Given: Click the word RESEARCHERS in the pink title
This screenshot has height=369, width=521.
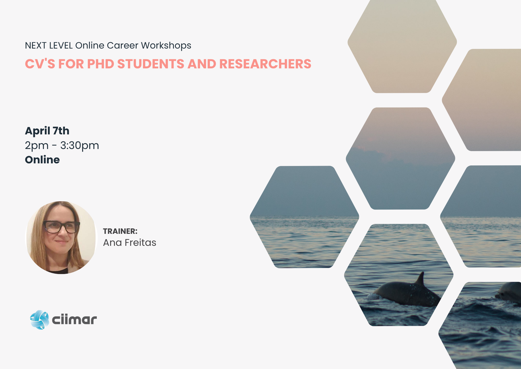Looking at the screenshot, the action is pos(265,64).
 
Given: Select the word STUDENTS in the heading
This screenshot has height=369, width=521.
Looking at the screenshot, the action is pos(151,64).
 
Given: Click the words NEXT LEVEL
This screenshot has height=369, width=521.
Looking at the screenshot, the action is pos(49,45).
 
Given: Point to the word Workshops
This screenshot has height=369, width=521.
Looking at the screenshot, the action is pos(166,46).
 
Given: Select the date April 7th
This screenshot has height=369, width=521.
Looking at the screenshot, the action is pos(47,131).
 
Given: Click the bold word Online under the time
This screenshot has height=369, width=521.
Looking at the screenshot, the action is pos(42,160).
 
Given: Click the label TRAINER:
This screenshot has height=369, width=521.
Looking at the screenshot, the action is pos(120,231).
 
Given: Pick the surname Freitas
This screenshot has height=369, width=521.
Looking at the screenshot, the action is pos(140,242).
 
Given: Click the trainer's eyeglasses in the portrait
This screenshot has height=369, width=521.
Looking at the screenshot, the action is pos(61,227).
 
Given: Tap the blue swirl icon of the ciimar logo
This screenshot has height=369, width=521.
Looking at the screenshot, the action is pos(40,320).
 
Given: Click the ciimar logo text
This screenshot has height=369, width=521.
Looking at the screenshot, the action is pos(75,320).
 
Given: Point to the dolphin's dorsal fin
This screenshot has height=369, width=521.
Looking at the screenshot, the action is pos(420,279).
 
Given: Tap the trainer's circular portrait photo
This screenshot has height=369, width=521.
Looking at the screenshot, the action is pos(61,237).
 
